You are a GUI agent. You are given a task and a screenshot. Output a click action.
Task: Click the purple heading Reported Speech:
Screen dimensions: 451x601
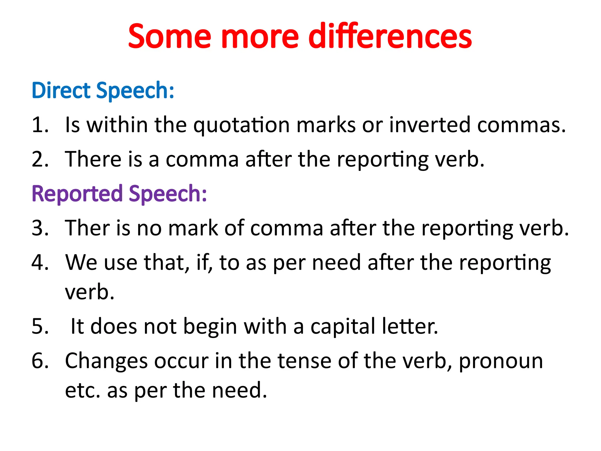[119, 194]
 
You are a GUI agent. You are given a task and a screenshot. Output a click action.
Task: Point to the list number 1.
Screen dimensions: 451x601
[40, 125]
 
